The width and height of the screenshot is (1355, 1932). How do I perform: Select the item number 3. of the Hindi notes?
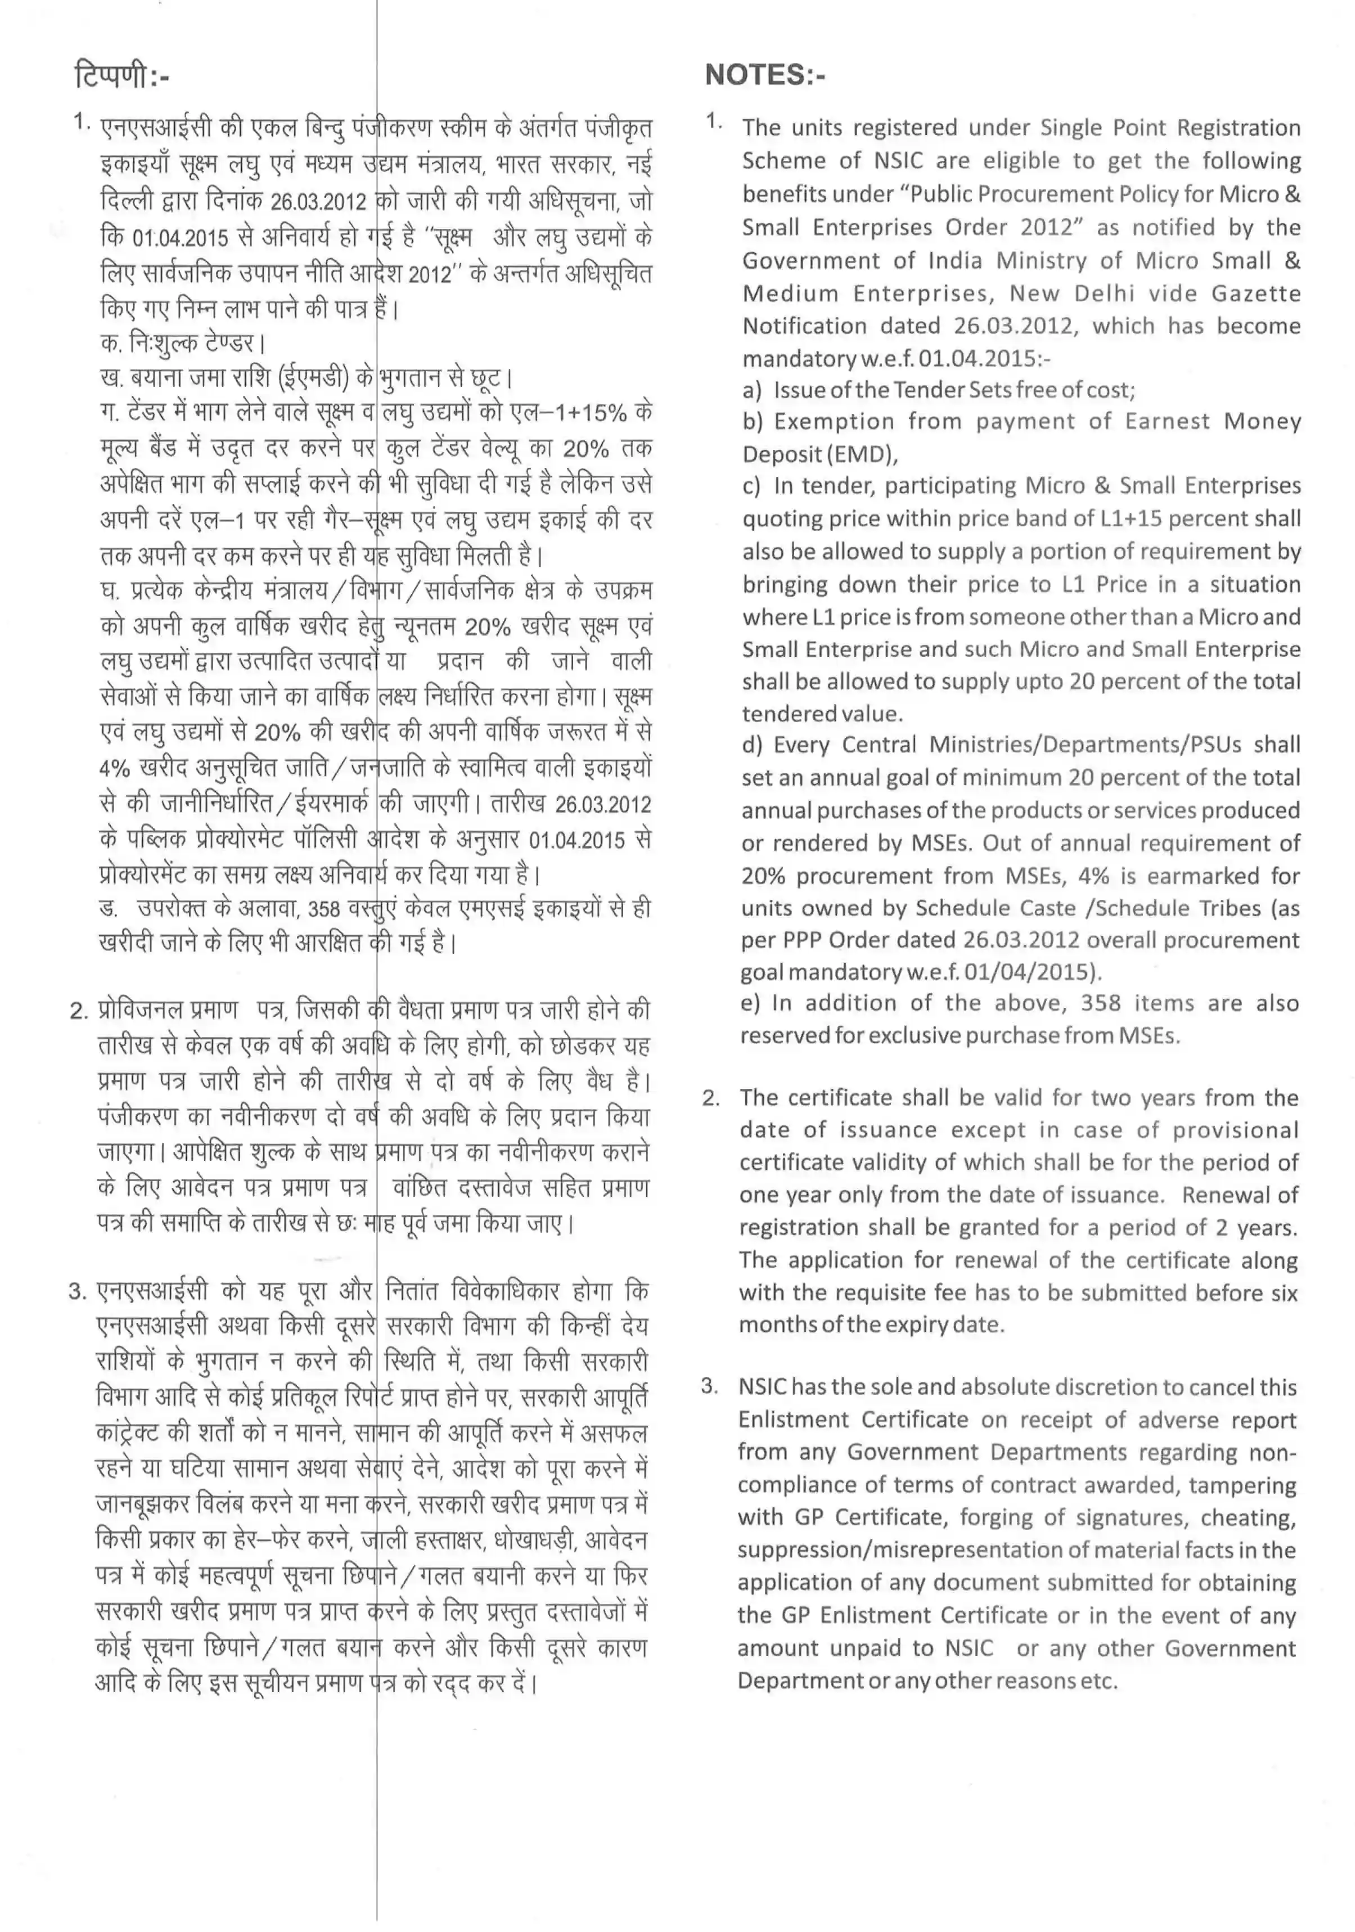[x=78, y=1291]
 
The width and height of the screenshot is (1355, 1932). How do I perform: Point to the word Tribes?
[x=1221, y=908]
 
